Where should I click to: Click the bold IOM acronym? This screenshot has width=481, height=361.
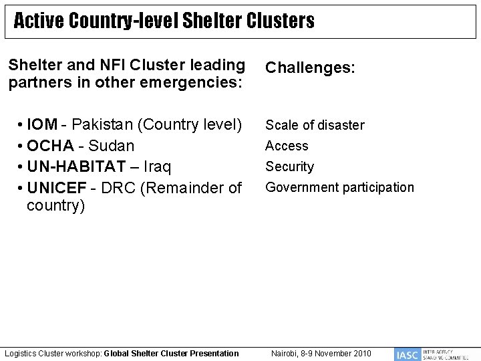click(42, 125)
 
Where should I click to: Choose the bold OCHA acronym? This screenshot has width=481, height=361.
click(51, 146)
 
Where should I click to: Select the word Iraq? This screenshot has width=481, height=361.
click(159, 166)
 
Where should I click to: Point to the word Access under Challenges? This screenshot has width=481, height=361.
click(287, 146)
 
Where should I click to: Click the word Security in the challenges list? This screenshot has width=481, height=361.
click(290, 166)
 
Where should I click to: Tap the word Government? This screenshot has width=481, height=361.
click(299, 188)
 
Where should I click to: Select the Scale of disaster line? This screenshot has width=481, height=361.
click(315, 125)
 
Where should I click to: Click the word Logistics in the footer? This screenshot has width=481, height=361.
click(21, 353)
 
